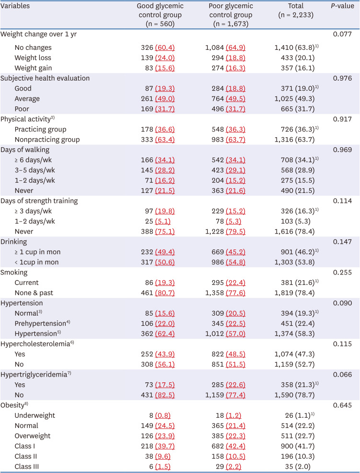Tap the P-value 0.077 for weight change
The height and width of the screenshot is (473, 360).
342,35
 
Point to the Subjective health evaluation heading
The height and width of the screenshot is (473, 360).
45,78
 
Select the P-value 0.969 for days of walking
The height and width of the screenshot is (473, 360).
342,150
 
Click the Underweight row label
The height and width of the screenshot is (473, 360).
35,415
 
